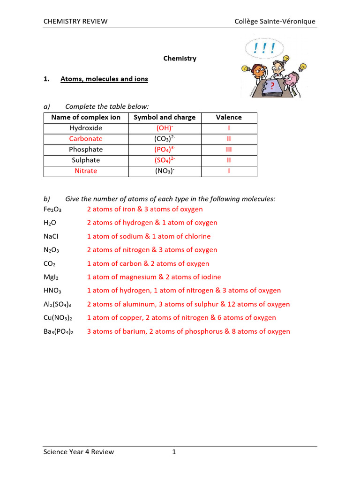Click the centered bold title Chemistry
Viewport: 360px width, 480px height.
pos(180,59)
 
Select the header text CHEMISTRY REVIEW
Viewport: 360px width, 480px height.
pos(75,21)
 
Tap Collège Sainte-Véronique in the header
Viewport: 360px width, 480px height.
pos(275,21)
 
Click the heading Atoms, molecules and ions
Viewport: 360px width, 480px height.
pos(104,79)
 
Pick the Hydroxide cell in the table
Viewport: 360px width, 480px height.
pos(86,128)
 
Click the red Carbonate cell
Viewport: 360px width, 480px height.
pos(86,139)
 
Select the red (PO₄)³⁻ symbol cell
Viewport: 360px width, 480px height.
pos(165,150)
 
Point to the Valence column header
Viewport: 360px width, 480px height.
pos(229,117)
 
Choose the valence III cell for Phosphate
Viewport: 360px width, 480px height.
pos(229,150)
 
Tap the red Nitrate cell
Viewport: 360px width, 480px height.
pos(86,171)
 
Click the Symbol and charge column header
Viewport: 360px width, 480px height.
pos(165,117)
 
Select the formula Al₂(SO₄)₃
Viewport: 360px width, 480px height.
pos(58,305)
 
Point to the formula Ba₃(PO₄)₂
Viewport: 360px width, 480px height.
pos(58,332)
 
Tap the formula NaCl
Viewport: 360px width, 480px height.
pos(50,237)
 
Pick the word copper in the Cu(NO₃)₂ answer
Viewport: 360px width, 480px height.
pos(130,318)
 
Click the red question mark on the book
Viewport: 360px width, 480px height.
pos(271,85)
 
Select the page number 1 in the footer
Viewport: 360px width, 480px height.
pos(174,452)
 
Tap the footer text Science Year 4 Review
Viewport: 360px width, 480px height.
pos(79,452)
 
